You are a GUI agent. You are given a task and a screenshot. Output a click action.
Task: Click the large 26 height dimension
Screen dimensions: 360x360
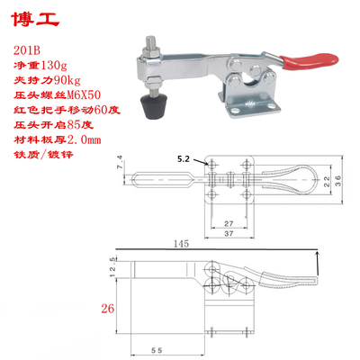[108, 310]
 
